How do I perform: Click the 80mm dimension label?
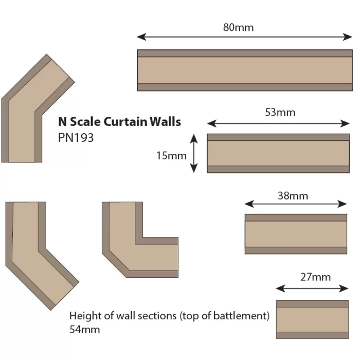(238, 27)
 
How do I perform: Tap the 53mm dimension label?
(280, 112)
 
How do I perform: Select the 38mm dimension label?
(293, 195)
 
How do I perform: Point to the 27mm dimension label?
(315, 277)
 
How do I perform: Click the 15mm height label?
(171, 155)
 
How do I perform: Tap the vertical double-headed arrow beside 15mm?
(194, 153)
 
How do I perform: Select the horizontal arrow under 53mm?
(278, 123)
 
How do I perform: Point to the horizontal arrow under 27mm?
(313, 289)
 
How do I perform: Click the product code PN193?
(76, 138)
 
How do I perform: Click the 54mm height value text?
(84, 329)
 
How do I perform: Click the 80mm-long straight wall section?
(244, 70)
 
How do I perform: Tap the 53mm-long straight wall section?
(278, 153)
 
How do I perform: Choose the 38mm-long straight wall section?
(296, 234)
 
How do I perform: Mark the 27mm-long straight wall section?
(312, 319)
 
